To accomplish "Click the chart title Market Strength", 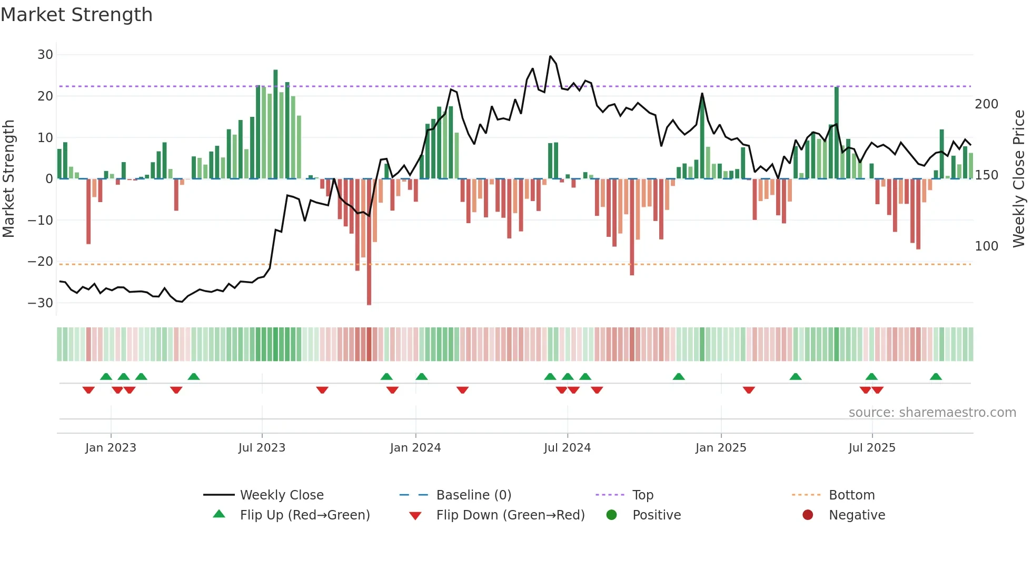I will click(76, 15).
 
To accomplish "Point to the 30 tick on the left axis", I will click(45, 55).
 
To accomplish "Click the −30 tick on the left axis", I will click(41, 303).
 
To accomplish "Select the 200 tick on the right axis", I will click(986, 104).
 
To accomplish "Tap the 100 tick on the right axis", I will click(986, 246).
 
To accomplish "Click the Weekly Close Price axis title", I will click(1019, 178).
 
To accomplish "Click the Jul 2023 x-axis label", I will click(262, 448).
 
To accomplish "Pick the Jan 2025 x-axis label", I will click(720, 448).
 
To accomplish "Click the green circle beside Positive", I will click(611, 515).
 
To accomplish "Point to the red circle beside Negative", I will click(808, 515).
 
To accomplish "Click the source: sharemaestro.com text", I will click(932, 413).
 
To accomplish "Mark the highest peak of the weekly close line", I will click(550, 56).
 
